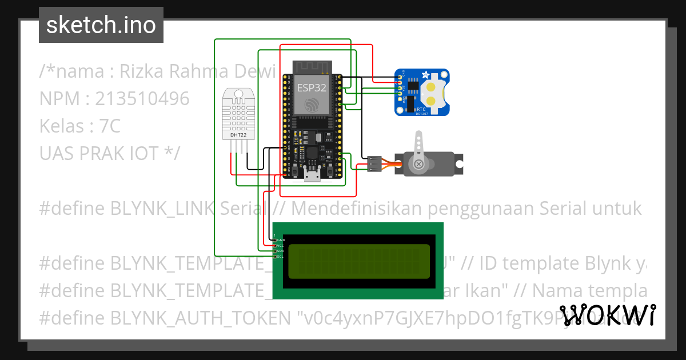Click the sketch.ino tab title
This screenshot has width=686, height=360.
[x=101, y=25]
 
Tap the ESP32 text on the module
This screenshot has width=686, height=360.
[x=311, y=87]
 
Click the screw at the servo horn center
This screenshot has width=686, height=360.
[x=419, y=165]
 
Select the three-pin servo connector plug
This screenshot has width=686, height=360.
[x=374, y=164]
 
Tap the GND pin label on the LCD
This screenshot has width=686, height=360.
[x=281, y=240]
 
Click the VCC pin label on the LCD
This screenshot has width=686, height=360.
[x=281, y=246]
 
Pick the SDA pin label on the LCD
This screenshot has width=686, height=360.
[x=281, y=251]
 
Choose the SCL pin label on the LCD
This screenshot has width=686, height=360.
[x=281, y=257]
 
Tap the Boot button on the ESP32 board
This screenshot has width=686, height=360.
[x=330, y=170]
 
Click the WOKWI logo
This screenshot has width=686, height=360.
[x=607, y=315]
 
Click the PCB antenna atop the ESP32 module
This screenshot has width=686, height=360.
[x=312, y=67]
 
